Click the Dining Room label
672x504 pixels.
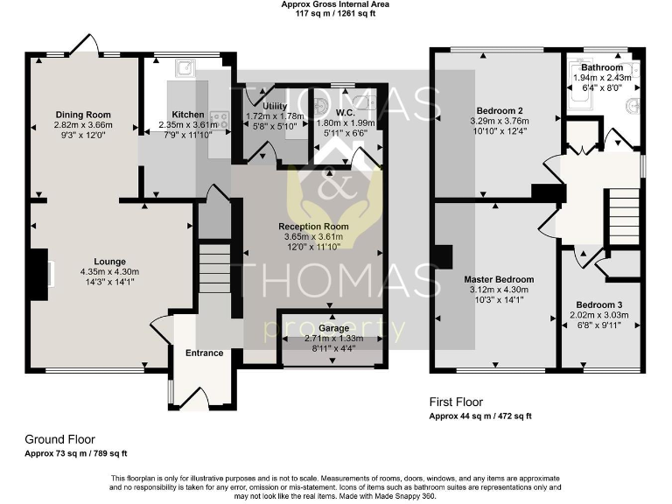click(83, 115)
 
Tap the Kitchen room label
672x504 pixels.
click(188, 115)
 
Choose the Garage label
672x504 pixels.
click(332, 327)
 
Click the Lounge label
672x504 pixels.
click(110, 261)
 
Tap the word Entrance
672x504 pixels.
click(203, 353)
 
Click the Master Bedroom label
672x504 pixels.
click(499, 279)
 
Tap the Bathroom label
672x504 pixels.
click(602, 67)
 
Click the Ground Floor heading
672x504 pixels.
click(60, 439)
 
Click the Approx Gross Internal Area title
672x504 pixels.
click(335, 4)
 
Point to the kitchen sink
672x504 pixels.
click(186, 70)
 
